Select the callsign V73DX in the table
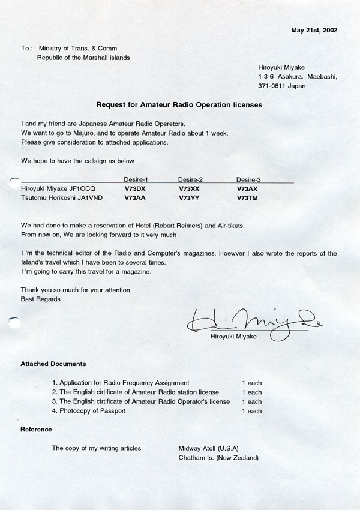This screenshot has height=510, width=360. (x=135, y=188)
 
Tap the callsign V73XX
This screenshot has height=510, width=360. (x=190, y=188)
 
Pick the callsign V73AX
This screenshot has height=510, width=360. (x=247, y=188)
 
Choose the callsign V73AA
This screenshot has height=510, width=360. (x=135, y=197)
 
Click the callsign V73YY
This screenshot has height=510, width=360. (x=190, y=197)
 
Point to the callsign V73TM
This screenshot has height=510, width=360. (x=248, y=197)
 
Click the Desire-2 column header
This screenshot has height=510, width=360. (x=190, y=179)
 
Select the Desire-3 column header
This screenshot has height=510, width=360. (x=248, y=179)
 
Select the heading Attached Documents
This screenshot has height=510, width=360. (x=53, y=364)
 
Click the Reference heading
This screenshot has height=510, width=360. (x=36, y=429)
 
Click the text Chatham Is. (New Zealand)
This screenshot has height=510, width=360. (x=218, y=458)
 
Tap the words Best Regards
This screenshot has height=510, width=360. (x=40, y=299)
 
